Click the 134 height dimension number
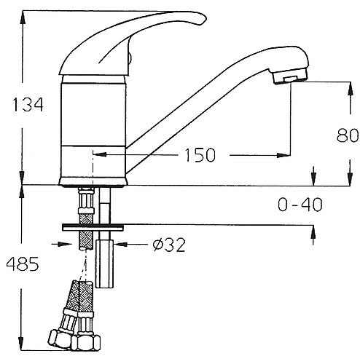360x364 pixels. tap(28, 105)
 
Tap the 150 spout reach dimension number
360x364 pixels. tap(200, 155)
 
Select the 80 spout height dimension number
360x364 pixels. tap(348, 135)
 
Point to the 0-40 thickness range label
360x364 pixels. tap(300, 205)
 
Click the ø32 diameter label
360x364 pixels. tap(169, 245)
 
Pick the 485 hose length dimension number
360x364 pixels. tap(23, 264)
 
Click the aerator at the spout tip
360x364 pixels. tap(290, 76)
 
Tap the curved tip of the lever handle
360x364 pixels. tap(202, 20)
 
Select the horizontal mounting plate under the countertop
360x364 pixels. tap(93, 227)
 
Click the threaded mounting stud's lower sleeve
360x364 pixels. tap(105, 264)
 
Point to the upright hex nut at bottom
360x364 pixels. tap(85, 341)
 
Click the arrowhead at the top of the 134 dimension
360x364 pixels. tap(23, 17)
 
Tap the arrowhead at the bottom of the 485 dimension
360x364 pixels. tap(22, 344)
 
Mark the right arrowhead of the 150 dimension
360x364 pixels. tap(283, 155)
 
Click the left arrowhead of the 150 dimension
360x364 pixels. tap(100, 154)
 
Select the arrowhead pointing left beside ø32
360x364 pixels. tap(121, 244)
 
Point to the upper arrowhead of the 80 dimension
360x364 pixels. tap(350, 89)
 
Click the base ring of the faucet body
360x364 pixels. tap(93, 182)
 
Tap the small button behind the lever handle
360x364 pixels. tap(130, 58)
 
